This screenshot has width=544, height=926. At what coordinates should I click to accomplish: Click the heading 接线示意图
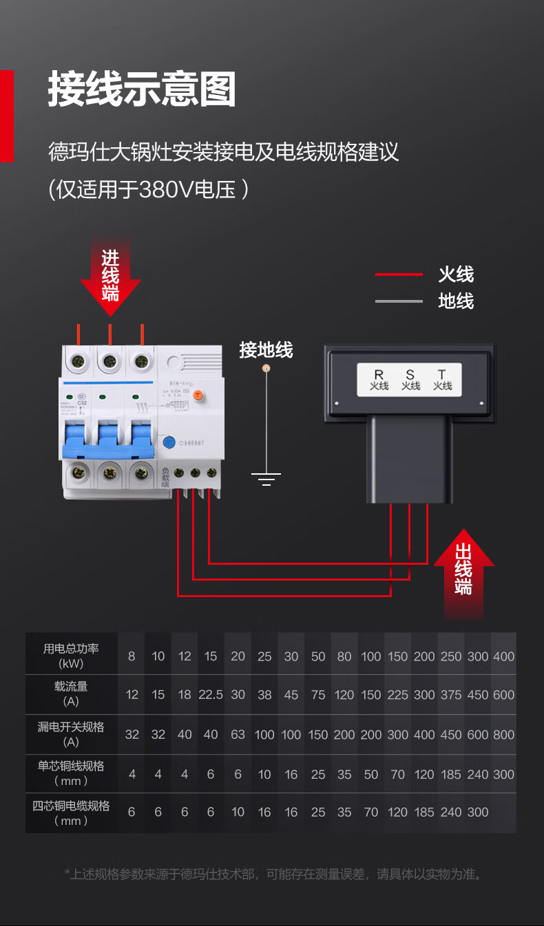click(142, 90)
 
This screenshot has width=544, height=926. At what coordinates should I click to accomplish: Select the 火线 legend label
click(456, 274)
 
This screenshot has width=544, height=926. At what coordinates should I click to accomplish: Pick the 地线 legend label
click(456, 301)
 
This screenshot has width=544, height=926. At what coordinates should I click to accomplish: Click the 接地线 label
click(266, 350)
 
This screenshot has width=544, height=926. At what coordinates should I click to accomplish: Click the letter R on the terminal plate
click(379, 375)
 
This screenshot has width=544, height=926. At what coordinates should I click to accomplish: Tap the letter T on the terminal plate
click(441, 375)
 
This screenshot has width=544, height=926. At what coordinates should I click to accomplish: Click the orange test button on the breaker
click(198, 395)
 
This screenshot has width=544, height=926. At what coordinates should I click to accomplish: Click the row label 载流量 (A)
click(72, 693)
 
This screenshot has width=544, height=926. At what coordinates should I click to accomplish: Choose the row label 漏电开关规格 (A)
click(72, 733)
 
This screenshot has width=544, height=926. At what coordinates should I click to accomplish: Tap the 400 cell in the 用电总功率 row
click(503, 656)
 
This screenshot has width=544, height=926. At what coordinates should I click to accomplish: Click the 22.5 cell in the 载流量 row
click(211, 695)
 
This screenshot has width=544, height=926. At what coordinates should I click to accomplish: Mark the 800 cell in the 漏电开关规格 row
click(503, 735)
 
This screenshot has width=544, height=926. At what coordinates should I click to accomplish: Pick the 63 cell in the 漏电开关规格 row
click(238, 735)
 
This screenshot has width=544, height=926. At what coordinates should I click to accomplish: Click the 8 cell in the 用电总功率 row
click(132, 656)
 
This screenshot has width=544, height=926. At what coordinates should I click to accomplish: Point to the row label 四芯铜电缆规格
click(72, 812)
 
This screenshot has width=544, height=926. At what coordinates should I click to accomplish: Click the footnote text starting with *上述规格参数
click(273, 874)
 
